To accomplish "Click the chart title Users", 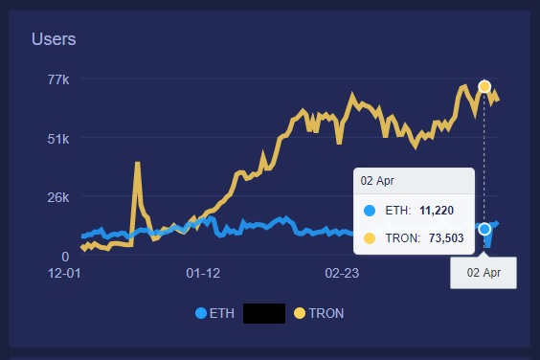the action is point(54,39).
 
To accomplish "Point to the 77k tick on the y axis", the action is point(58,79).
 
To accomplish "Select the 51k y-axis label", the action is point(58,139).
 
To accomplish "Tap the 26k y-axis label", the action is point(58,197).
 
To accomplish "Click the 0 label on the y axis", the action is point(65,257).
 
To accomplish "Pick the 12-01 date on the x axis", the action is point(64,273).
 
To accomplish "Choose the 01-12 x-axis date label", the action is point(203,273).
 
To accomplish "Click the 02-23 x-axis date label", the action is point(342,273).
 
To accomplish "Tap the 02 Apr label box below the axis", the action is point(484,273).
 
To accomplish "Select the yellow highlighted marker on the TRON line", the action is point(484,86).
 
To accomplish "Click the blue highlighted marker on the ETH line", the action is point(484,229).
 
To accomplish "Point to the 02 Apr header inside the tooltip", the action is point(377,181).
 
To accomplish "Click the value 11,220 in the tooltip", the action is point(437,210).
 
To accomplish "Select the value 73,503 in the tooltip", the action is point(446,238).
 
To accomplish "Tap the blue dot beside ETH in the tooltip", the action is point(370,211).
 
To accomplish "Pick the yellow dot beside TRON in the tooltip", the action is point(370,238).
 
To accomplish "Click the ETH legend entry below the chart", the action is point(214,313).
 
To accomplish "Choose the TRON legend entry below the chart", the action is point(319,313).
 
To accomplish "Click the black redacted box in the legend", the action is point(264,313).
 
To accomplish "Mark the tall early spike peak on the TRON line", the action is point(138,163).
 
